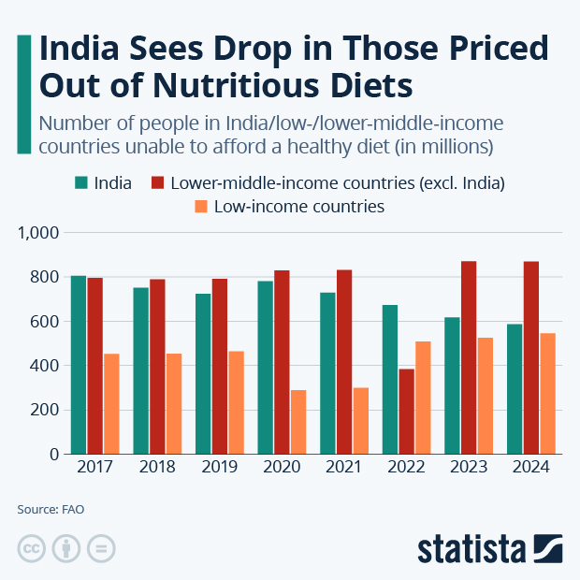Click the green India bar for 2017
click(79, 365)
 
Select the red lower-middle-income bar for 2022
click(406, 411)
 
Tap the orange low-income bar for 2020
click(298, 422)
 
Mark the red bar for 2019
click(219, 366)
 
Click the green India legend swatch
click(81, 182)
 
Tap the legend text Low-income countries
click(299, 207)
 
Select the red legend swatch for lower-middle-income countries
click(157, 182)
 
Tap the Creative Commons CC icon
click(32, 548)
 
